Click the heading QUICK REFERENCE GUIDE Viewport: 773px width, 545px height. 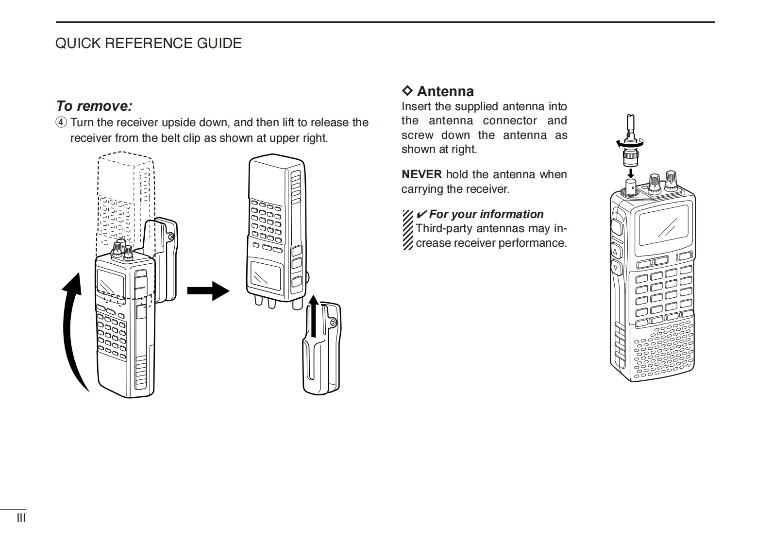148,43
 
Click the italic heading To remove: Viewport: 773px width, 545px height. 94,106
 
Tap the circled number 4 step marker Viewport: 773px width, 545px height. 61,122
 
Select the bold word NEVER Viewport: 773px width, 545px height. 421,174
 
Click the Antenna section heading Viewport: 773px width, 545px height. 445,91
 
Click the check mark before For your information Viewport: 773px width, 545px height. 421,214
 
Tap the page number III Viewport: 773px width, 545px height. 21,518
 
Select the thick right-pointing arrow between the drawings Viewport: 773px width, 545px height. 208,291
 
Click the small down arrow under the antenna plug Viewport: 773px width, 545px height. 631,172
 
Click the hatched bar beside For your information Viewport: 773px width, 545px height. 408,230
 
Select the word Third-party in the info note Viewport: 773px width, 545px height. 445,228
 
